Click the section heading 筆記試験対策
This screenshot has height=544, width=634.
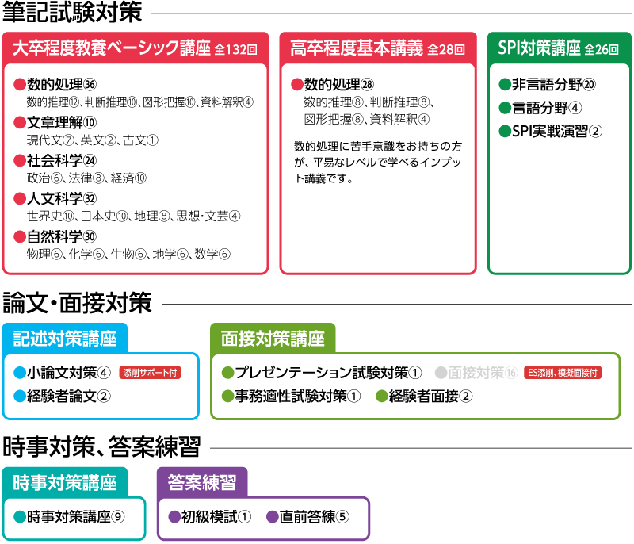tap(72, 12)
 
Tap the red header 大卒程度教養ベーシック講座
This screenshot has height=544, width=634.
tap(112, 48)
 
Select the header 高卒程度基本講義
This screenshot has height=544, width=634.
tap(356, 48)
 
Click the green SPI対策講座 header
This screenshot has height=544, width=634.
tap(539, 48)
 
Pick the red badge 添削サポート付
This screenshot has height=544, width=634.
tap(150, 373)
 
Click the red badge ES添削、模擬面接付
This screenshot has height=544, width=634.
tap(563, 373)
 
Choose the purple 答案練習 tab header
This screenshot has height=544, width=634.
tap(202, 482)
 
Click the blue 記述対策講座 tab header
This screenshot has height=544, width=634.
tap(65, 338)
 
